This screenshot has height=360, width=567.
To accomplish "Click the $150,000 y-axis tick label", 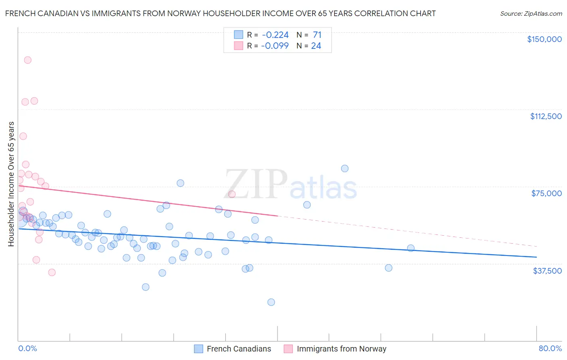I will [x=544, y=39].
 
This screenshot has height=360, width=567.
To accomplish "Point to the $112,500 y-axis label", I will [x=546, y=116].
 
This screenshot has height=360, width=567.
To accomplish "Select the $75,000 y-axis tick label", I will [x=546, y=193].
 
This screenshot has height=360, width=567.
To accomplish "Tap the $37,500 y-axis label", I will [x=547, y=271].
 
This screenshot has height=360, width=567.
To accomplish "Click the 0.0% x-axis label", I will [x=27, y=348].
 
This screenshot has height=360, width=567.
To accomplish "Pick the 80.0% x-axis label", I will [x=550, y=348].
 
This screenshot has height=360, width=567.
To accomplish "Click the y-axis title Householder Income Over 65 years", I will [x=11, y=184].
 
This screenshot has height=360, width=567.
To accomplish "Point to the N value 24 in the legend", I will [x=316, y=46].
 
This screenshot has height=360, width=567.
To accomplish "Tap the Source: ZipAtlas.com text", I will [x=531, y=13].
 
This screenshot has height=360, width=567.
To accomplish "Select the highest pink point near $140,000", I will [x=28, y=60].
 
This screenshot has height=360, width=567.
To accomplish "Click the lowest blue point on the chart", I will [x=271, y=302].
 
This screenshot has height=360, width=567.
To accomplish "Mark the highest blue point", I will [x=345, y=169].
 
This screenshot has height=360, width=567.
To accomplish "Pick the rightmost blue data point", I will [x=411, y=248].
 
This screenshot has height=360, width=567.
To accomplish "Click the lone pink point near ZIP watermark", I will [x=232, y=194].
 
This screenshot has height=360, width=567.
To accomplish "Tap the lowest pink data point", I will [x=52, y=272].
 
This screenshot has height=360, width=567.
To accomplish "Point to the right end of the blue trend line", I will [x=536, y=257].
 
